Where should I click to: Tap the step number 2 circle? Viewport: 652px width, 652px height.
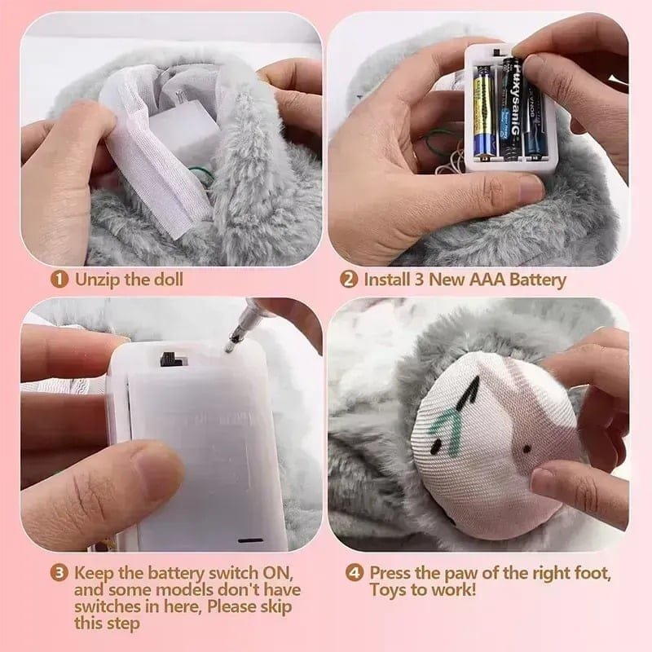point(349,280)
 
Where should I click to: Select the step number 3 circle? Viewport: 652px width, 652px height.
point(60,571)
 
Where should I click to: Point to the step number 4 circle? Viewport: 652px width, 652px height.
point(355,572)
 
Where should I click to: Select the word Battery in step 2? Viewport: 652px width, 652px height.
point(535,280)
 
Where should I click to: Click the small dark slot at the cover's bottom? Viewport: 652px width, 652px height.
point(250,539)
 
